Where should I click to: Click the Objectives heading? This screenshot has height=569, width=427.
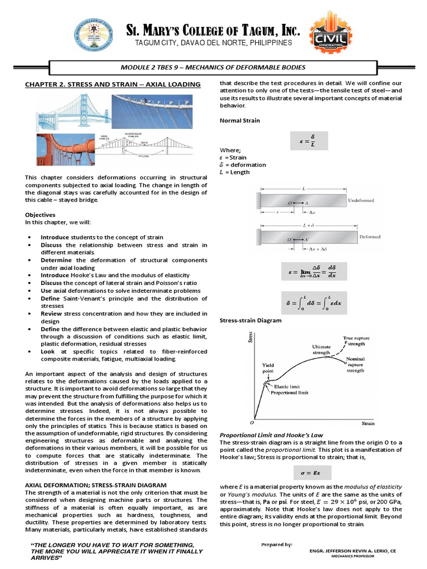click(41, 214)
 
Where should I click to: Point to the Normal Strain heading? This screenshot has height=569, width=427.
click(240, 120)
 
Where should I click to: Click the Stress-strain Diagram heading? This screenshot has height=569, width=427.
click(251, 321)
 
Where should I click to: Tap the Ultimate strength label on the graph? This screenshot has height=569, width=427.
click(321, 349)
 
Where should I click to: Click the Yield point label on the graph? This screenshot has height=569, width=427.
click(269, 368)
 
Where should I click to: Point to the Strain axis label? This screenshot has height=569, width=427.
click(368, 423)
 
